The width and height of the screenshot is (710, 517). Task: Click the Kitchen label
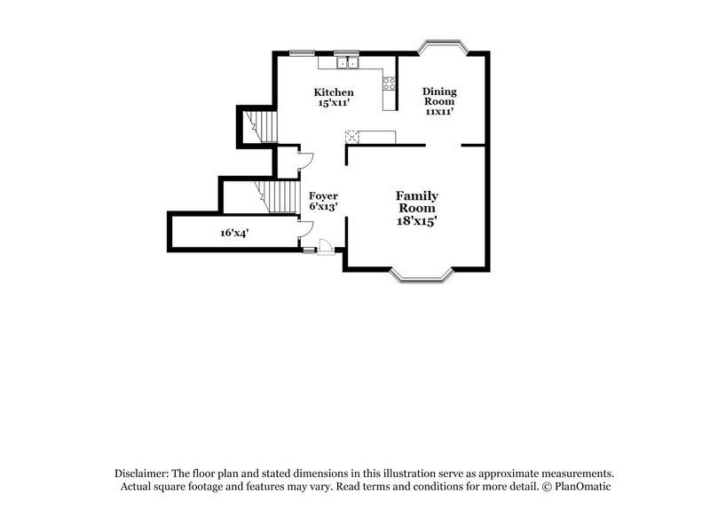335,92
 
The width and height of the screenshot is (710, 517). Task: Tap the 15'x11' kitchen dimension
335,104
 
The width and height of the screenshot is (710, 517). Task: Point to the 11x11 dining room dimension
439,113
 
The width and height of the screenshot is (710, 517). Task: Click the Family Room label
416,201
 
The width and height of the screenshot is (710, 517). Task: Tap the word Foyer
321,195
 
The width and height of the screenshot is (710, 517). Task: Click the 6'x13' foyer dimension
321,207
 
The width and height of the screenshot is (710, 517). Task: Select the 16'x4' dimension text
234,233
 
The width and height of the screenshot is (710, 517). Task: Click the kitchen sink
346,62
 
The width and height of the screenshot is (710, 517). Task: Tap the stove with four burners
389,84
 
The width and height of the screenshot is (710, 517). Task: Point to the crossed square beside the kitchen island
351,136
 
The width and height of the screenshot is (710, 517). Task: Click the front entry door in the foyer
325,248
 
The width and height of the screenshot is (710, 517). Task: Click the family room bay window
422,277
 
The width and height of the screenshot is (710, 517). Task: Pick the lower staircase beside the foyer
275,195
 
